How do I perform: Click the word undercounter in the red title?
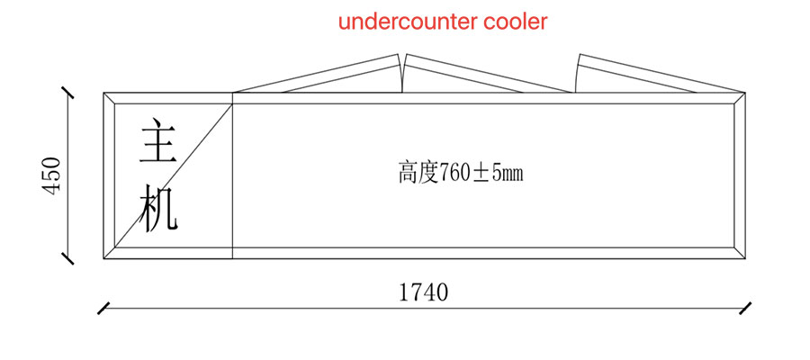pyautogui.click(x=409, y=22)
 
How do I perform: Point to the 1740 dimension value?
pyautogui.click(x=423, y=292)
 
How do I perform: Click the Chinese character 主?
pyautogui.click(x=158, y=142)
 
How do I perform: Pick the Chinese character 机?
pyautogui.click(x=158, y=211)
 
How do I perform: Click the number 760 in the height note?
pyautogui.click(x=454, y=173)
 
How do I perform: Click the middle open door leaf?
pyautogui.click(x=486, y=75)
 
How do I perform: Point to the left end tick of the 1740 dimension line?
pyautogui.click(x=104, y=308)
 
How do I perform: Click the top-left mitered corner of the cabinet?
pyautogui.click(x=109, y=97)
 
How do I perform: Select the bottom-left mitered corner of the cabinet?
pyautogui.click(x=109, y=255)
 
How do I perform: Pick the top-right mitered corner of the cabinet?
pyautogui.click(x=741, y=97)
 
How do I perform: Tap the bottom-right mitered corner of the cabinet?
pyautogui.click(x=741, y=255)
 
